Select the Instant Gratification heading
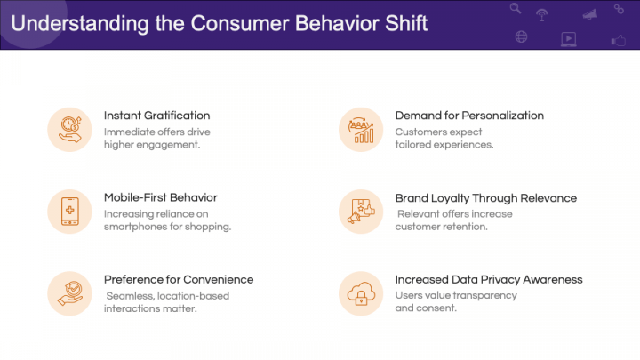pyautogui.click(x=156, y=116)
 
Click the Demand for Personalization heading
pyautogui.click(x=469, y=116)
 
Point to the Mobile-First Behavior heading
pyautogui.click(x=160, y=197)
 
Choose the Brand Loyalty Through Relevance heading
pyautogui.click(x=485, y=198)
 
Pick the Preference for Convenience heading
pyautogui.click(x=179, y=279)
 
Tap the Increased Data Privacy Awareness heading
pyautogui.click(x=489, y=279)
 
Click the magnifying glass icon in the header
pyautogui.click(x=516, y=10)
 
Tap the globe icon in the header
pyautogui.click(x=521, y=37)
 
